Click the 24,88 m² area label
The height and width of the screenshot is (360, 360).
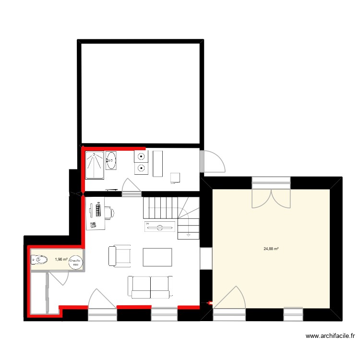pos(271,249)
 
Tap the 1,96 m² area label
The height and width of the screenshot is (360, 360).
pos(61,260)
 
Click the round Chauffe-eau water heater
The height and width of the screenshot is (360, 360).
pos(75,262)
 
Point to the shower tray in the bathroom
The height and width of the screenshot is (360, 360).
pos(95,165)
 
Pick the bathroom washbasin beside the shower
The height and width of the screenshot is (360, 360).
pos(111,160)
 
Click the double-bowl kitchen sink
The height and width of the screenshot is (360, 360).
pos(142,162)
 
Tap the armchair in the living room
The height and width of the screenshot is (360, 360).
pos(120,256)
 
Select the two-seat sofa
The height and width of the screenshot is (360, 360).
pos(150,287)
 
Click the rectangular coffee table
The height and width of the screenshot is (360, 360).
pos(157,257)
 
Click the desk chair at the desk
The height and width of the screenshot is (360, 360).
pos(109,211)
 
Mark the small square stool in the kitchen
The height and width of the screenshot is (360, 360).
pos(175,178)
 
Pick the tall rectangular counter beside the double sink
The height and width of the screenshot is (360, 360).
pos(158,163)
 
